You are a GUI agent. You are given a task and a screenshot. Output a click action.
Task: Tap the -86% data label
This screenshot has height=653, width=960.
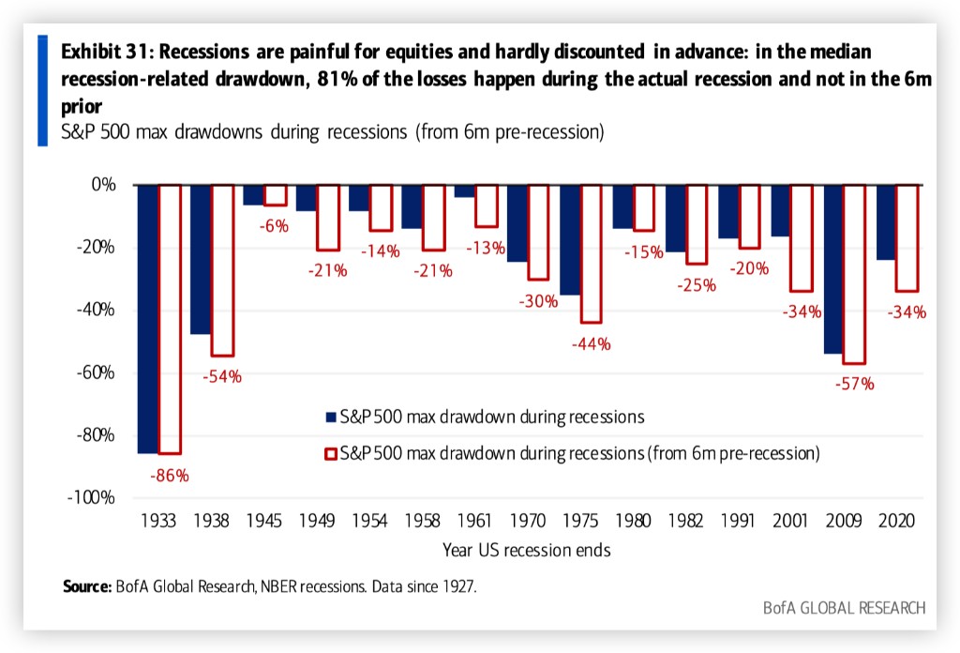(169, 476)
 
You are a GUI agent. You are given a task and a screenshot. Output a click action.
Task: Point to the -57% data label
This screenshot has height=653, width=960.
(855, 383)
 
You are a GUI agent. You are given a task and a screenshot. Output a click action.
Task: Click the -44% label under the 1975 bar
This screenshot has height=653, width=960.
(591, 343)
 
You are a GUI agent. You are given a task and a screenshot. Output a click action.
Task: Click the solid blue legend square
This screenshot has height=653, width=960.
(329, 416)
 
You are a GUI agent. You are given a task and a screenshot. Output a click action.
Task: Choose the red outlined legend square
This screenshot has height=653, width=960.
(329, 454)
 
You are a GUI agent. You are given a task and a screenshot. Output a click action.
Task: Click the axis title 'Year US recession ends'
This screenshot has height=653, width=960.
(528, 550)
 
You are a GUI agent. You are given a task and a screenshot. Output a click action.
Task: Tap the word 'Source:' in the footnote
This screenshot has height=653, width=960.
(87, 587)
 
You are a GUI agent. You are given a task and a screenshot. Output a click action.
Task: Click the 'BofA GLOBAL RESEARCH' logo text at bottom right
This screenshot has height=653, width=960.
(843, 608)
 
